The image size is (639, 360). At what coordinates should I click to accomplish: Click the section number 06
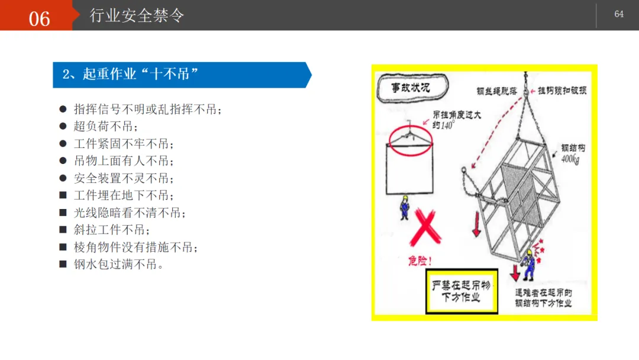coord(39,19)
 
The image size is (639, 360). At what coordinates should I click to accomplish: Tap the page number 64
coord(619,14)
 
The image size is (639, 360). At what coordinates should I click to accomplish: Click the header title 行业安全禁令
coord(137,15)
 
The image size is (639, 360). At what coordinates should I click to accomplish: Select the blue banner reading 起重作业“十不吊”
coord(182,75)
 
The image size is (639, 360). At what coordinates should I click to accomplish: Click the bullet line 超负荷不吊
coord(105,126)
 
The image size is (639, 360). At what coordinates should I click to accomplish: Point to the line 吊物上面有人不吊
coord(124,161)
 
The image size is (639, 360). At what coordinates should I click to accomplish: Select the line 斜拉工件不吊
coord(111,230)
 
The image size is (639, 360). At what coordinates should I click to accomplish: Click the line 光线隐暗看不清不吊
coord(129,213)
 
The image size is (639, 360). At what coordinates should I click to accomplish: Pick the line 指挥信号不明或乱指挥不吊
coord(147,110)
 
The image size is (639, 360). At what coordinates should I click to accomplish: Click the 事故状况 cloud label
coord(412,87)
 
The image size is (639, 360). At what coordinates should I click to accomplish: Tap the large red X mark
coord(425,227)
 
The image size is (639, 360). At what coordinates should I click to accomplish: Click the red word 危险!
coord(419,261)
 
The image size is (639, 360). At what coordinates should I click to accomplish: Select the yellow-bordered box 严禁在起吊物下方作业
coord(461,291)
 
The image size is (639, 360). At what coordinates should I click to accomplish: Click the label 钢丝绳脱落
coord(496,91)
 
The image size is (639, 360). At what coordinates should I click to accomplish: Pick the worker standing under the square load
coord(405,207)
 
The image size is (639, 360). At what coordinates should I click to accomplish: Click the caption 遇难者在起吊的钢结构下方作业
coord(543,298)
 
